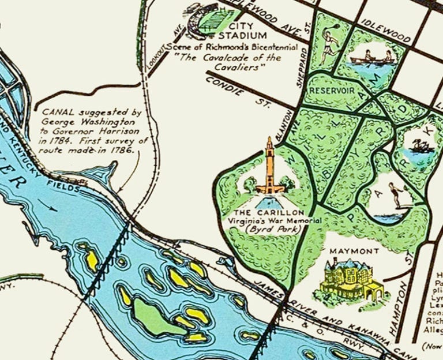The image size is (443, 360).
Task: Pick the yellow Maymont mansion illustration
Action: [x=349, y=280]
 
